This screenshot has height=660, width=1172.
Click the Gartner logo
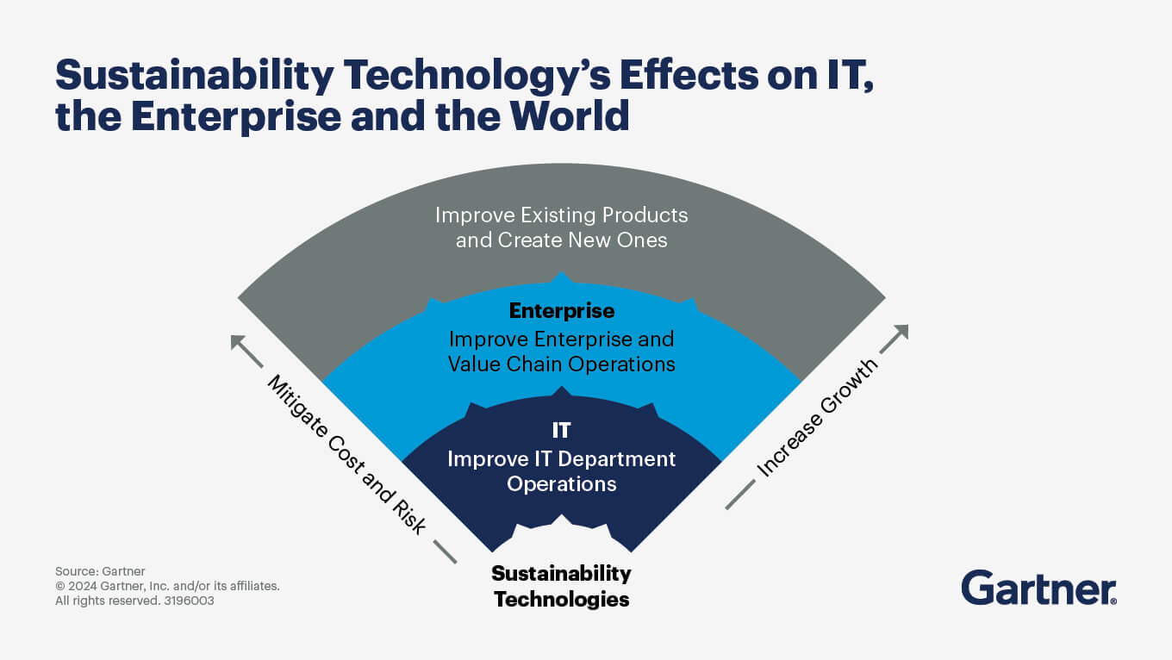(x=1038, y=588)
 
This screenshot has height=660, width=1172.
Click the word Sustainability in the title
(x=194, y=76)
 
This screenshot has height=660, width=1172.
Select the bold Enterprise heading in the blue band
(x=561, y=311)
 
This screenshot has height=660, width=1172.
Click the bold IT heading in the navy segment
(x=561, y=431)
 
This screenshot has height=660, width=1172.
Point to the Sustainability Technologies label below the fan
(x=561, y=586)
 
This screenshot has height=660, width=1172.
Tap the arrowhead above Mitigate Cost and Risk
(x=238, y=342)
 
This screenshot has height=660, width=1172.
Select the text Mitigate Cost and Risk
(x=347, y=454)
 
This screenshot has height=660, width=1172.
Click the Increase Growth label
(x=817, y=418)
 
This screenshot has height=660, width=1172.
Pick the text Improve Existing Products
(x=561, y=215)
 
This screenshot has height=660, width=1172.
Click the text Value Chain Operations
(x=561, y=364)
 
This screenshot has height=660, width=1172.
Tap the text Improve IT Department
(x=561, y=459)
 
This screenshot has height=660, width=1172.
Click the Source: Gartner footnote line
(x=100, y=571)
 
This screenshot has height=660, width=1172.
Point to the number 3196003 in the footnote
(x=189, y=601)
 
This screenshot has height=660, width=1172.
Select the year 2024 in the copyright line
(x=82, y=586)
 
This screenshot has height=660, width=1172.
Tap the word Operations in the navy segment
(x=561, y=483)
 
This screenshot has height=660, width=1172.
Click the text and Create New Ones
(x=561, y=240)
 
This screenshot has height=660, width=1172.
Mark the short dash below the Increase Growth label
(x=740, y=495)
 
